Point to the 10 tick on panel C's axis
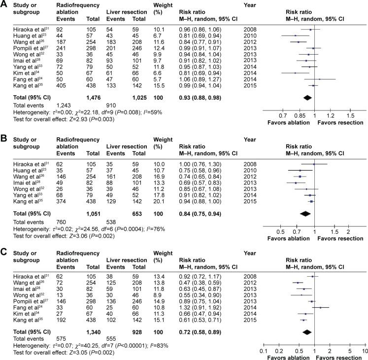(x=364, y=350)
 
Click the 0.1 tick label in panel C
(x=263, y=350)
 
